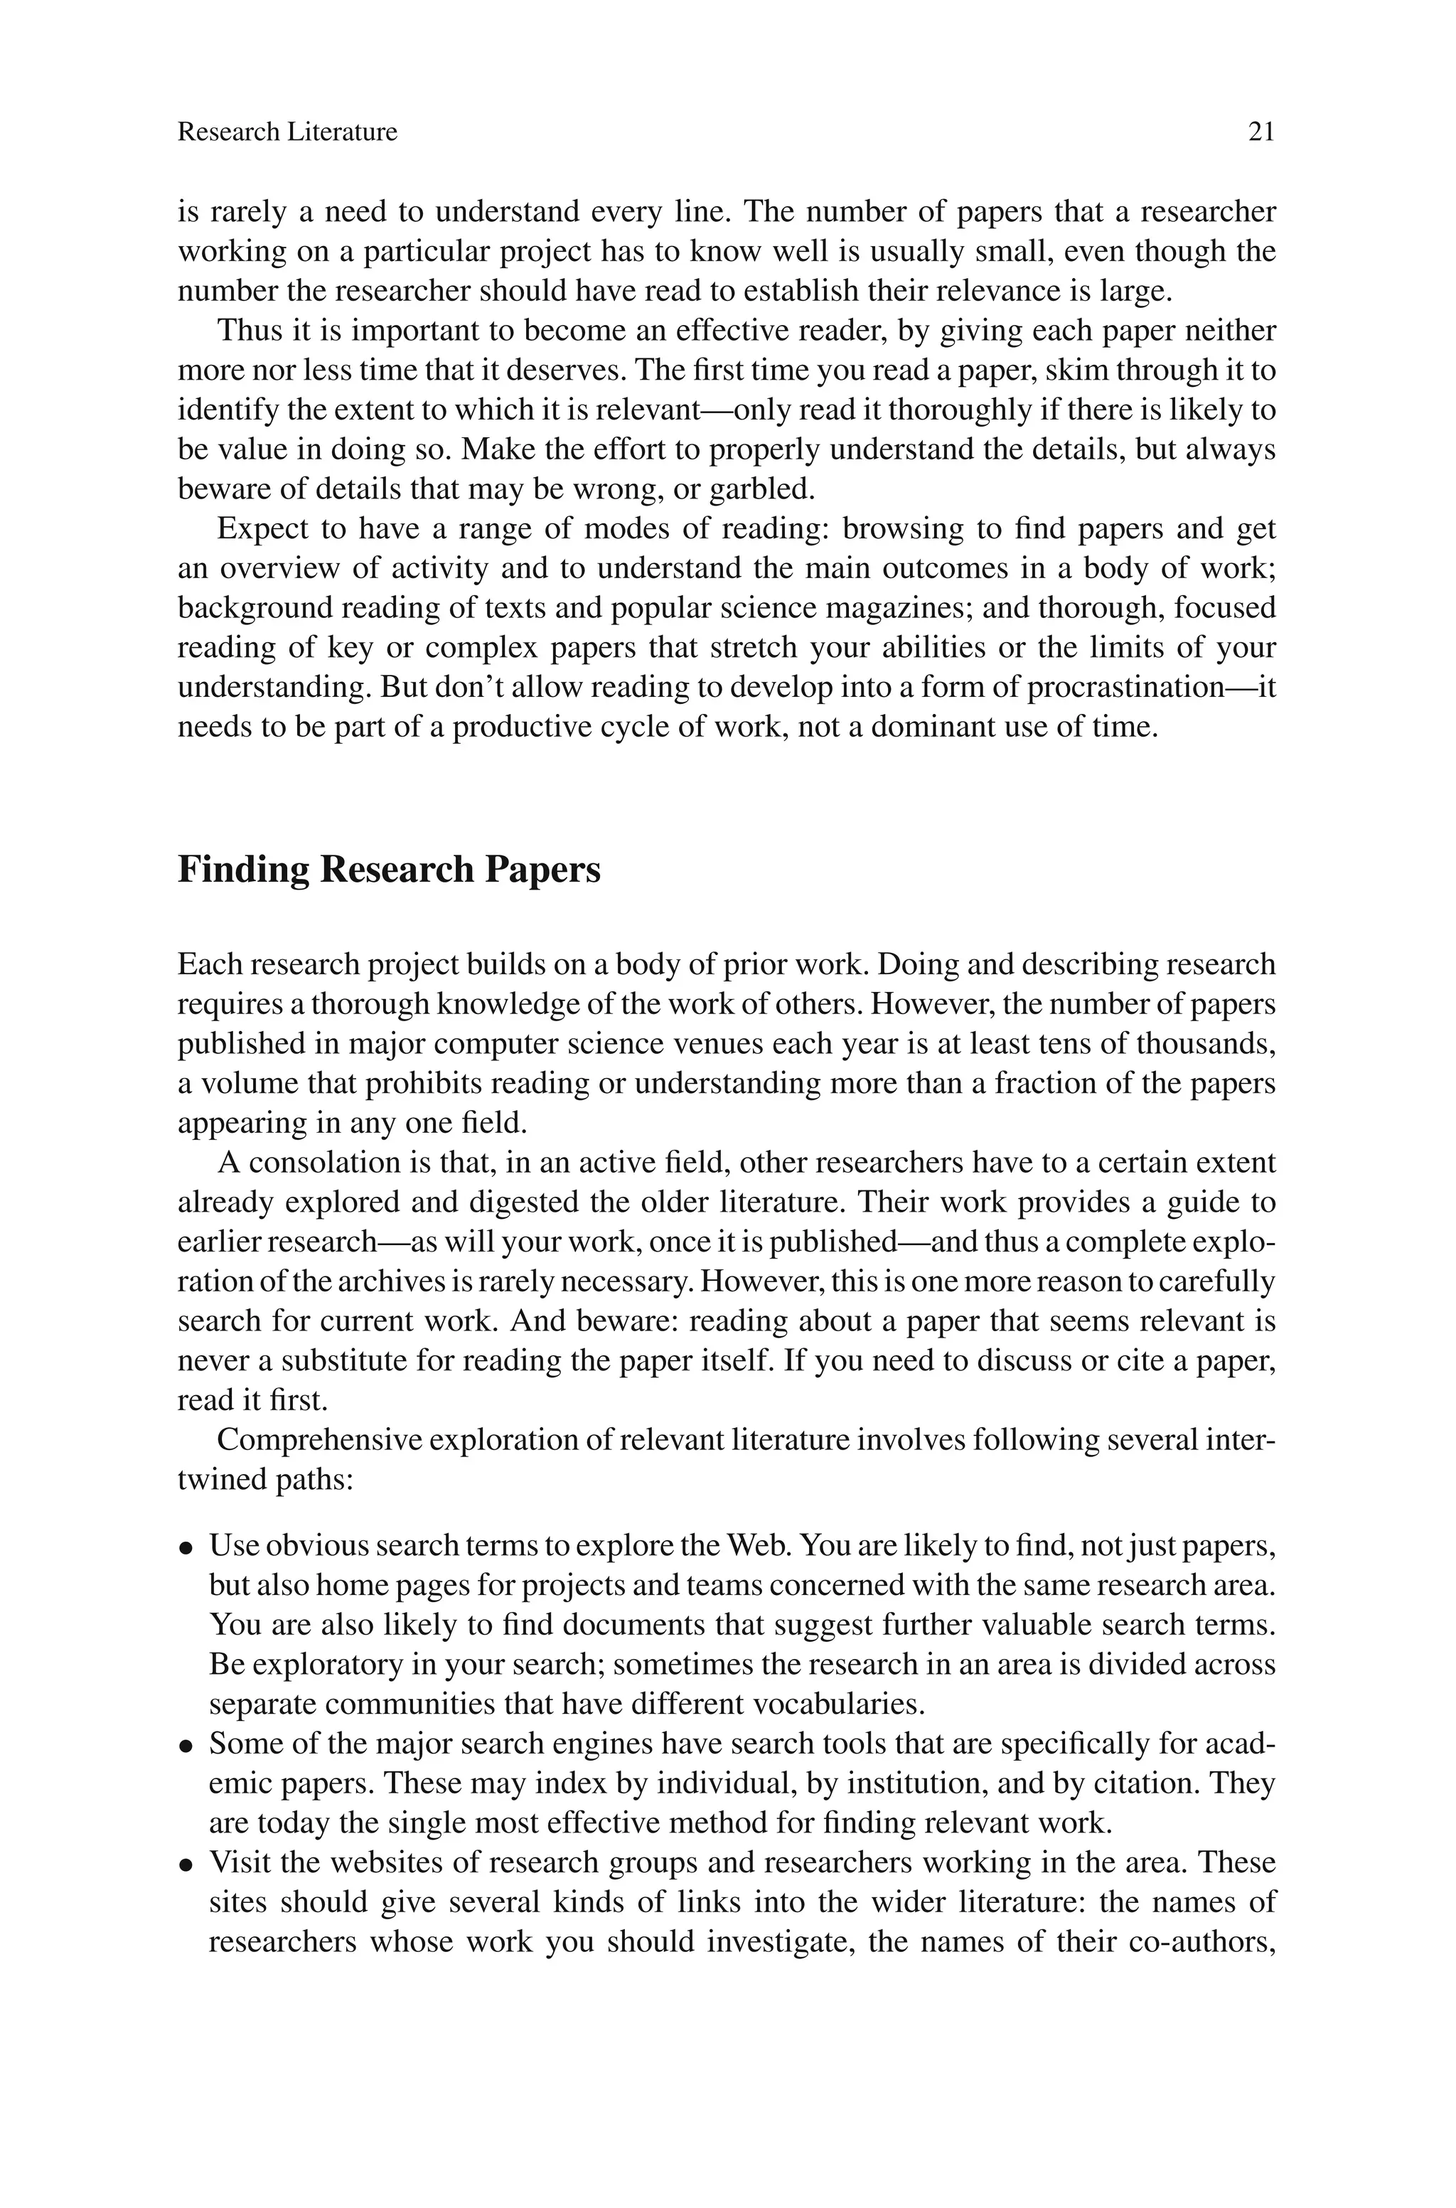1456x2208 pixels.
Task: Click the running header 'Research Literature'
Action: tap(287, 133)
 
